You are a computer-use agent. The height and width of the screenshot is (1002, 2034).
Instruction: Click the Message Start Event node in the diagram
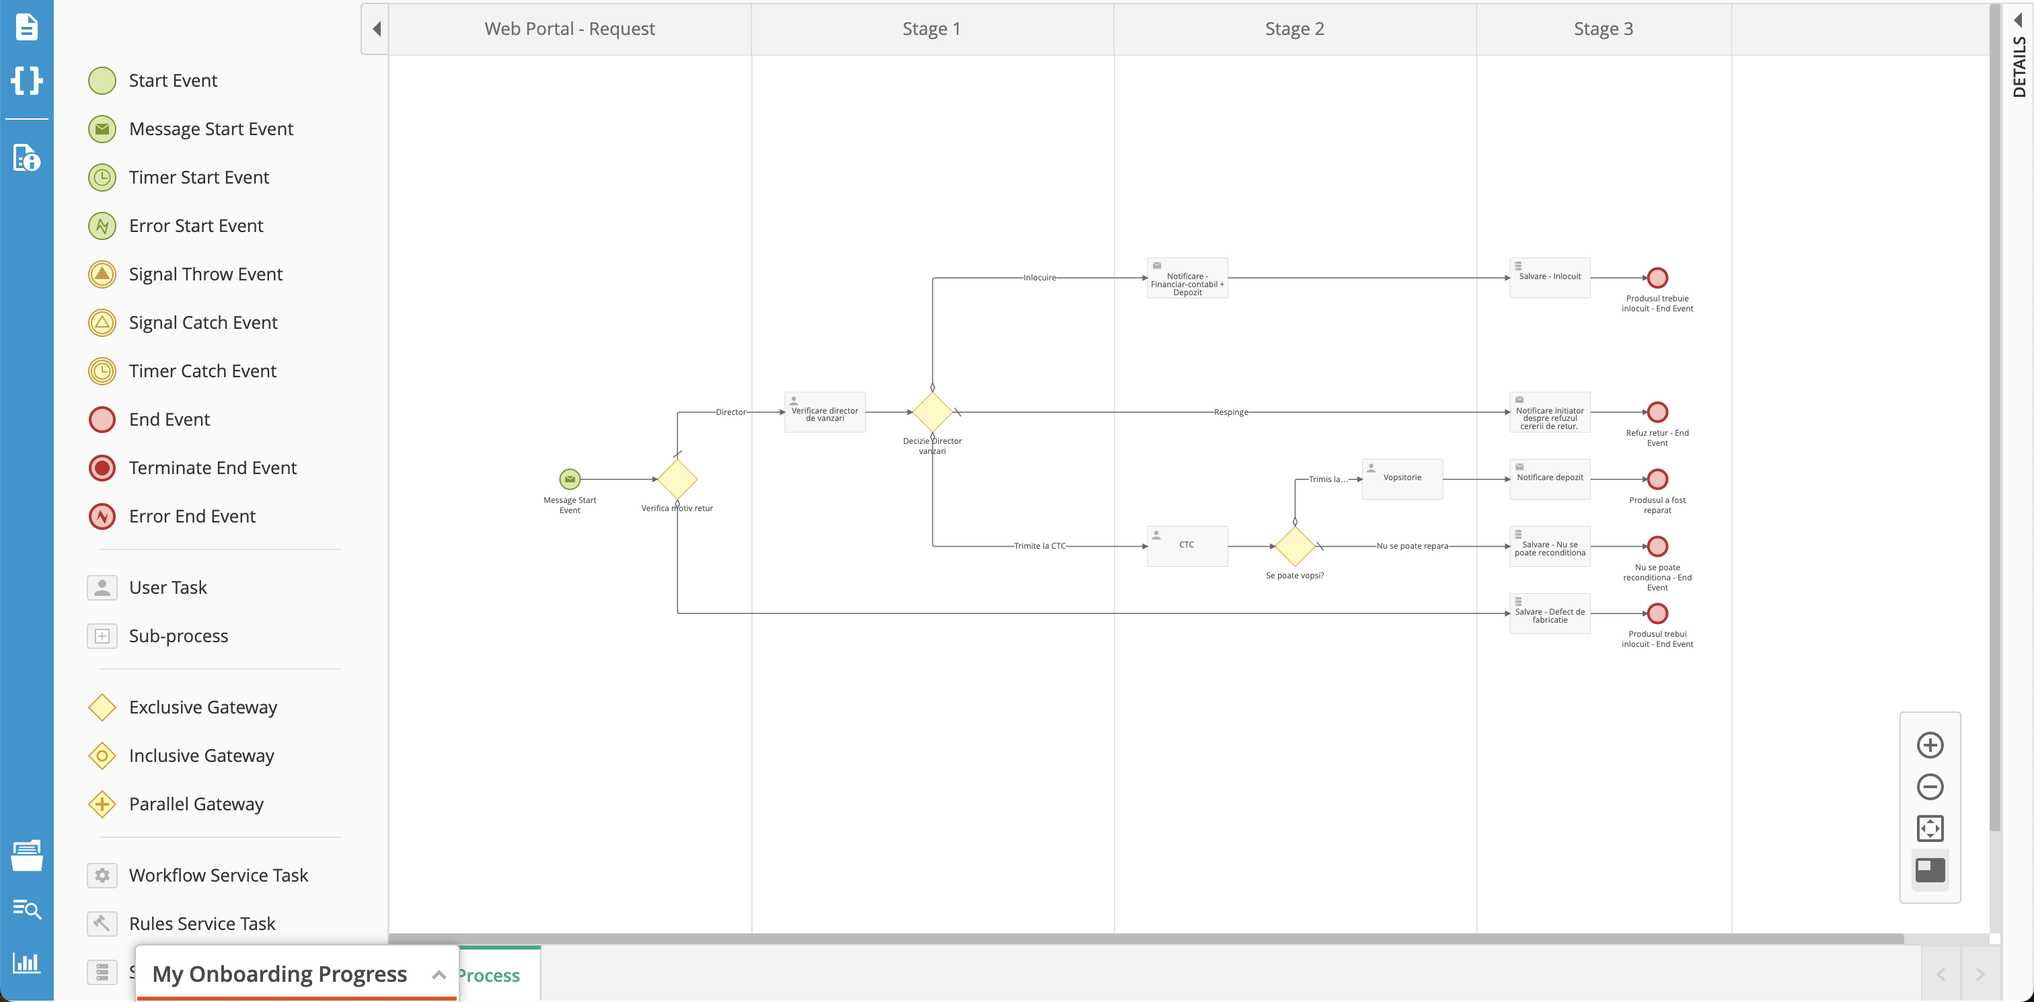click(569, 479)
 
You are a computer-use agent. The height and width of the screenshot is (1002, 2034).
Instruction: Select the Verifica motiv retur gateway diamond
click(677, 479)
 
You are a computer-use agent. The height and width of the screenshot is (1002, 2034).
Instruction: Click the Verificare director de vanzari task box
click(825, 412)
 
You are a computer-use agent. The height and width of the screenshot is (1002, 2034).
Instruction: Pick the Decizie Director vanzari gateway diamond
click(932, 412)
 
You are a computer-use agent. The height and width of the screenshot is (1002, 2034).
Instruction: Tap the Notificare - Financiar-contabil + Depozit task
click(1186, 278)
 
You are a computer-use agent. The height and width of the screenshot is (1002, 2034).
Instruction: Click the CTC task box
click(1186, 545)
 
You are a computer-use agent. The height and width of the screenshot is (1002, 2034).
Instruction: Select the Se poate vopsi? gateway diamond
click(1294, 545)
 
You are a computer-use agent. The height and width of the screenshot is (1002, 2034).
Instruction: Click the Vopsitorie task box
click(1402, 479)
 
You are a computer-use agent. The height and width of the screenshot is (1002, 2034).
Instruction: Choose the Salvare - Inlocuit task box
click(1549, 278)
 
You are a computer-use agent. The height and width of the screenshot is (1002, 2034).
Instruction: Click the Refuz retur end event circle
click(1657, 412)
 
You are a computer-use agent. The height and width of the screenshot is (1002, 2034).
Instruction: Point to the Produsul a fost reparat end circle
click(1657, 479)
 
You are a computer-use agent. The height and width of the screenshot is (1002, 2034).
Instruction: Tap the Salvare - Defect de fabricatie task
click(1549, 613)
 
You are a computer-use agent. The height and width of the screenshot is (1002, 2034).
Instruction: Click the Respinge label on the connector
click(1230, 412)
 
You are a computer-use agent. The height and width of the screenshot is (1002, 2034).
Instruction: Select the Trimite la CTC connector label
click(1039, 545)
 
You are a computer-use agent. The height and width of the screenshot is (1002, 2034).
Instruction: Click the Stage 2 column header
click(1294, 29)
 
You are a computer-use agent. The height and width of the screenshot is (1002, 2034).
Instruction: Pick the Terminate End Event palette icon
click(102, 468)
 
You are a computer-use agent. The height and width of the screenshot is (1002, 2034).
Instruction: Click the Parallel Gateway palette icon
click(102, 804)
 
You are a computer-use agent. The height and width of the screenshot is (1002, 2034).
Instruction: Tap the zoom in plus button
click(1929, 744)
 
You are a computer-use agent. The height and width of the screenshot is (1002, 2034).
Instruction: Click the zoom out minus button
click(1929, 786)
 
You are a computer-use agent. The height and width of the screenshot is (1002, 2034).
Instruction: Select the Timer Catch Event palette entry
click(202, 371)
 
